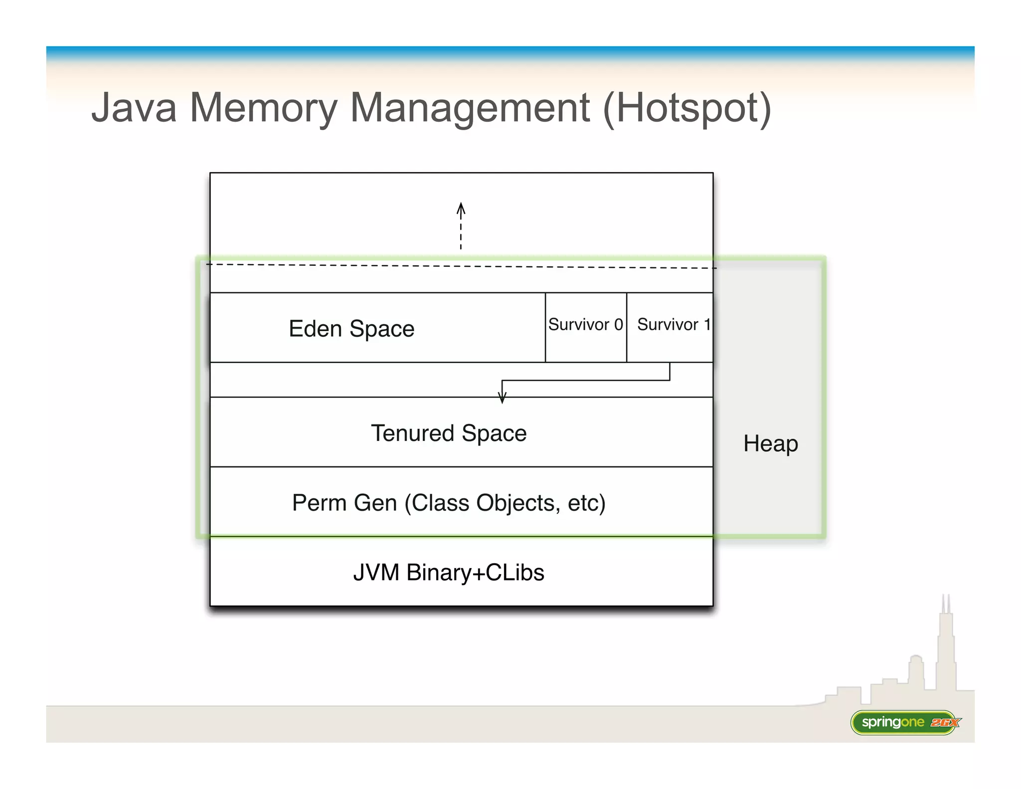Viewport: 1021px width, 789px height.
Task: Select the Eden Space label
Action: pos(351,329)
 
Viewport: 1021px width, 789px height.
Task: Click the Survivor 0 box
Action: pos(586,327)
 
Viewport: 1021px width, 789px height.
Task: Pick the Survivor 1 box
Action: pos(670,327)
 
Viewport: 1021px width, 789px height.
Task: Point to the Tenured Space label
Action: pos(449,433)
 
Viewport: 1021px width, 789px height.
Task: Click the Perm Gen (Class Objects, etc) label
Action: pos(449,502)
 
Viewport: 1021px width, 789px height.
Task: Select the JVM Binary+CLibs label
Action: pos(449,572)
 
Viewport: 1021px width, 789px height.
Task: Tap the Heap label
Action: pos(771,443)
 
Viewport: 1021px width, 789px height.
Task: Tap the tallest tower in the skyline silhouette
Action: pos(946,643)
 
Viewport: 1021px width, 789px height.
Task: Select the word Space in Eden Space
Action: pos(382,329)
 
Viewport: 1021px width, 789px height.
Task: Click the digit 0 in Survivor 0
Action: pos(619,325)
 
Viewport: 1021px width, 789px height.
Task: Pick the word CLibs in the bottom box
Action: pos(515,572)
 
